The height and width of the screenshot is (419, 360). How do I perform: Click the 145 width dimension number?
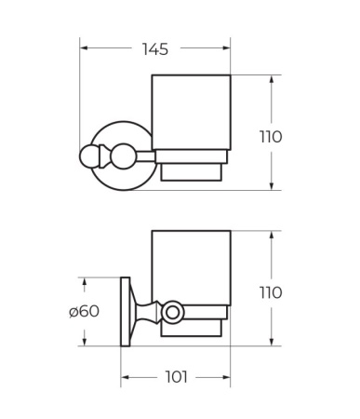click(x=154, y=47)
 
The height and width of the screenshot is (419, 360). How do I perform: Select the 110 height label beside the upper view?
click(x=270, y=137)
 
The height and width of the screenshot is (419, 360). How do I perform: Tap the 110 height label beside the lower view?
click(x=270, y=292)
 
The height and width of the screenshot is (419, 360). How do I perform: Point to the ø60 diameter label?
click(x=84, y=311)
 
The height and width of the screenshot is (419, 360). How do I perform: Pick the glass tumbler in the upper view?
click(x=191, y=111)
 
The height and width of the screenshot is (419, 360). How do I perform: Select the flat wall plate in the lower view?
click(x=125, y=312)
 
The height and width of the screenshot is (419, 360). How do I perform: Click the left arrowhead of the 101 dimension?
click(x=125, y=377)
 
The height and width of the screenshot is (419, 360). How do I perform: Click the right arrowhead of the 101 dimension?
click(x=226, y=377)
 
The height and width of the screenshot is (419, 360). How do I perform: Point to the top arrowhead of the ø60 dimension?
click(x=84, y=280)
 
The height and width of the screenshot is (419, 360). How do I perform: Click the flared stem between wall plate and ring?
click(x=144, y=311)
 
